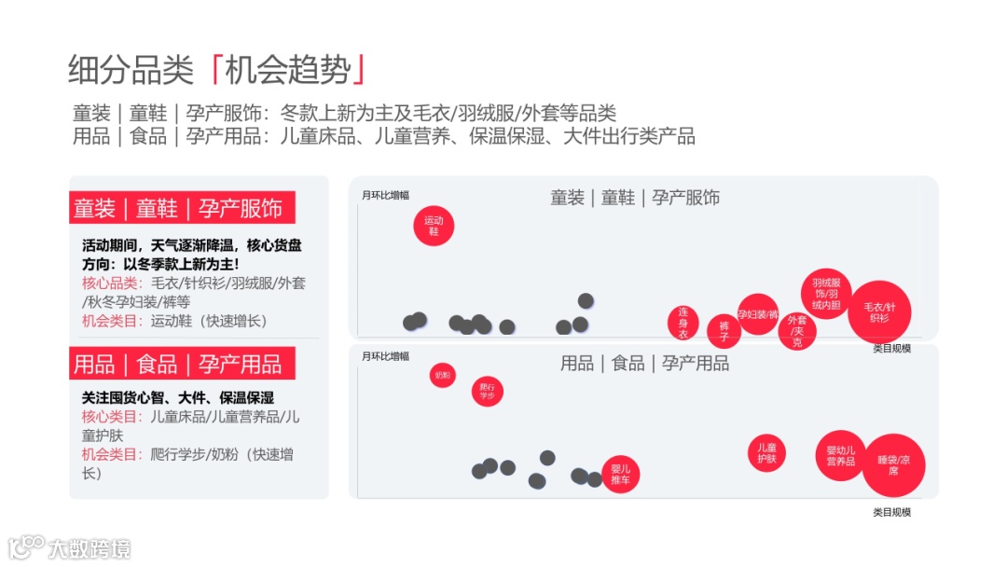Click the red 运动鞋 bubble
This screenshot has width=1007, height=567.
click(434, 226)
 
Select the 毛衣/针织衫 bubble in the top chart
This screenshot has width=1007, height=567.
click(879, 312)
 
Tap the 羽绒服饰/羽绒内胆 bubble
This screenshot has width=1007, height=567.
click(827, 293)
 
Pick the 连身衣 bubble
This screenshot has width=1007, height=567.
click(683, 323)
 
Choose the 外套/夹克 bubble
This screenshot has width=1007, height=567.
click(796, 331)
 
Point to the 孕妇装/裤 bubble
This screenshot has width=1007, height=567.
click(757, 314)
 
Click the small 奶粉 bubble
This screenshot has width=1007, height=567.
click(442, 376)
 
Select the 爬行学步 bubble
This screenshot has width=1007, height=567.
click(487, 392)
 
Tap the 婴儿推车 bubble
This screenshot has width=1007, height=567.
click(620, 474)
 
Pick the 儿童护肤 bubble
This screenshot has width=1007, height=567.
click(766, 452)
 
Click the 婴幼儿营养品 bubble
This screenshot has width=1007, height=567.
click(840, 456)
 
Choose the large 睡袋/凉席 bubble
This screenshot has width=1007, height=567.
click(893, 464)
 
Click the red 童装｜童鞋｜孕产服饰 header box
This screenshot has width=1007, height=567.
click(183, 208)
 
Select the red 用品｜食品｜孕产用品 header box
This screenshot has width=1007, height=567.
click(183, 363)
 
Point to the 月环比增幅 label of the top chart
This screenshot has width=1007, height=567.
click(385, 195)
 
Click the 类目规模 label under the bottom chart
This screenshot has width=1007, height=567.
click(891, 512)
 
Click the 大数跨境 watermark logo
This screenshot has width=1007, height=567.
click(69, 546)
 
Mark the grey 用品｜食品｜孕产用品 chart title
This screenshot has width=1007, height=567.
click(644, 364)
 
